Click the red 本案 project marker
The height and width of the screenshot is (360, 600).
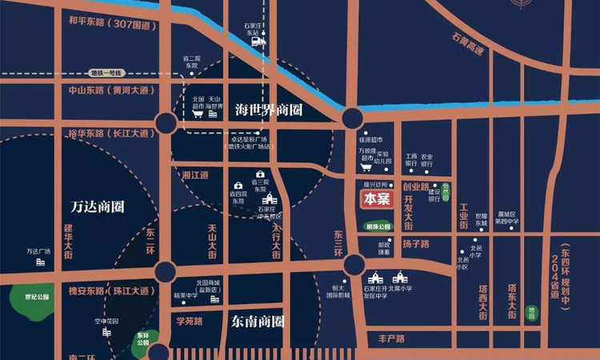point(376,199)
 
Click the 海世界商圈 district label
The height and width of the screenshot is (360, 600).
point(267,108)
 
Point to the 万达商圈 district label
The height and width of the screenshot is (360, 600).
point(98,206)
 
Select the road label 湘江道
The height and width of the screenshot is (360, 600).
point(195,174)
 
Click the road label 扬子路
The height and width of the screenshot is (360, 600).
point(416,243)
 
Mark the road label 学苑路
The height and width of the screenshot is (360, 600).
point(190,321)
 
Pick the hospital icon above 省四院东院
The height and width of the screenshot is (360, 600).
point(238,185)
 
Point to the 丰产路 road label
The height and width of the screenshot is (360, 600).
point(394,339)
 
